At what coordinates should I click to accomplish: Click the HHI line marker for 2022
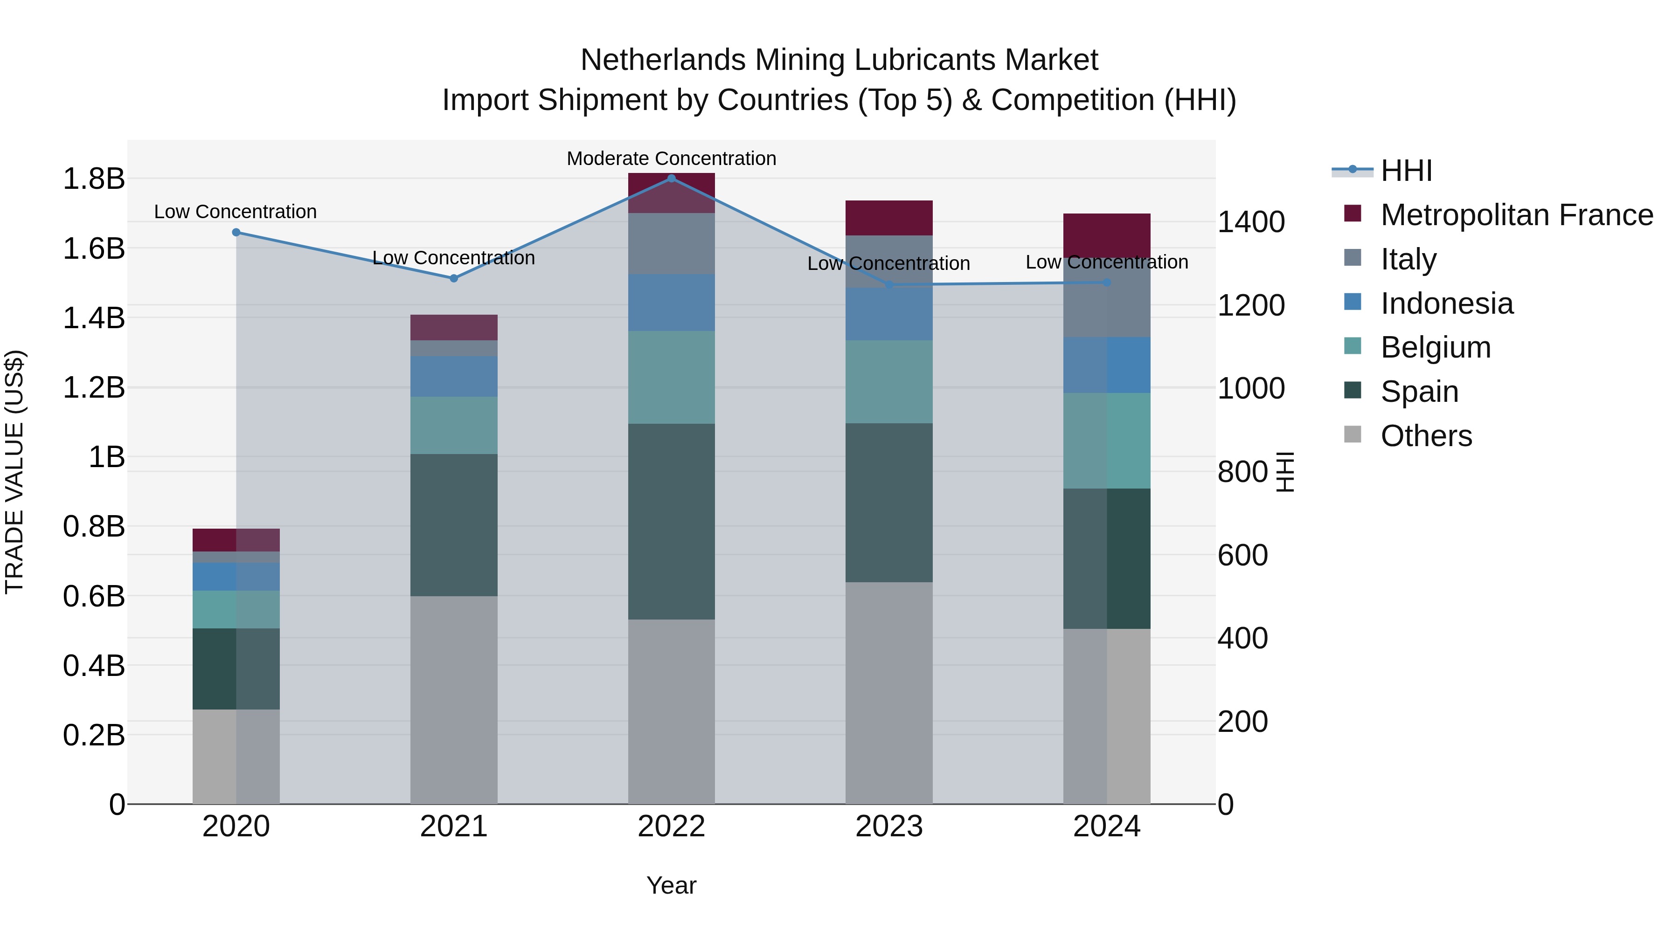tap(671, 178)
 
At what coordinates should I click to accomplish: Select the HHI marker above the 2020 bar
tap(236, 232)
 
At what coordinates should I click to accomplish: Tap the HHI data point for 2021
tap(454, 278)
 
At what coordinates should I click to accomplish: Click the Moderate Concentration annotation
tap(671, 158)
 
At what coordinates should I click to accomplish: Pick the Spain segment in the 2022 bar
tap(671, 521)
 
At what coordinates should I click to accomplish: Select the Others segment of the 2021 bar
tap(454, 700)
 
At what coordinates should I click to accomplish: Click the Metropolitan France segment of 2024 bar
tap(1107, 234)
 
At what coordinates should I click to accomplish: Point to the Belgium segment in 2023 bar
tap(889, 381)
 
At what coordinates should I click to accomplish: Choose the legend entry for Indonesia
tap(1446, 303)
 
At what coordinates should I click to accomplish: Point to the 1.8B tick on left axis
tap(93, 179)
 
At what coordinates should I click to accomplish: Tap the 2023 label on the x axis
tap(889, 826)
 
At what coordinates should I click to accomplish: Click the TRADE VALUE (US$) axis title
tap(14, 472)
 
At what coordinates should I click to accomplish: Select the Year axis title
tap(671, 885)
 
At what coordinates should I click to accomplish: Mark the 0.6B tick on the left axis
tap(93, 596)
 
